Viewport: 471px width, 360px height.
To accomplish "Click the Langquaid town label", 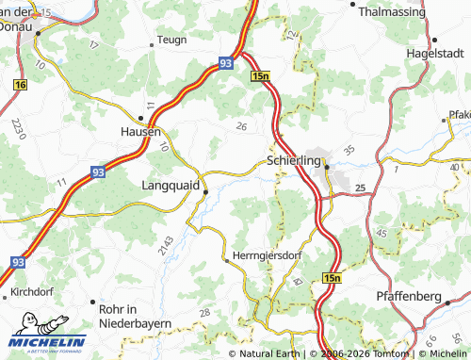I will tap(171, 186).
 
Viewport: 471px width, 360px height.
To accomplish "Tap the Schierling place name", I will tap(294, 161).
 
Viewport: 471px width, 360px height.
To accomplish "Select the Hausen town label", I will tap(141, 132).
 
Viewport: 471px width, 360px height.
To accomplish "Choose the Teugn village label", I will tap(171, 40).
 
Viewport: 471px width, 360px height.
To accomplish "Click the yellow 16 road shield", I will tap(21, 85).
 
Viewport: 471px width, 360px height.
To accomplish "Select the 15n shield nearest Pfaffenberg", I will tap(331, 279).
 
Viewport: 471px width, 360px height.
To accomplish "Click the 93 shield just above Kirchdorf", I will tap(20, 263).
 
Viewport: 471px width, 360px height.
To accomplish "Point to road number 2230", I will tap(17, 128).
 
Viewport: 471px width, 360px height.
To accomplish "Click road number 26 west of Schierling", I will tap(241, 126).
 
